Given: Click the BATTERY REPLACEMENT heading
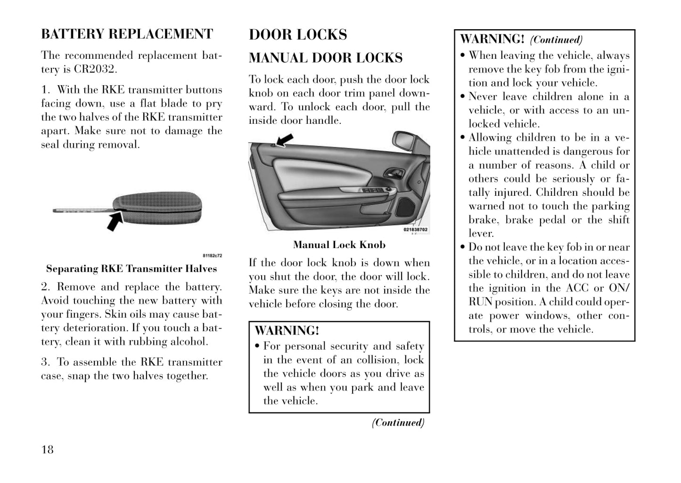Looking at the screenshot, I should pos(127,34).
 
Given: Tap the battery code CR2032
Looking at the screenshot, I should pos(94,69).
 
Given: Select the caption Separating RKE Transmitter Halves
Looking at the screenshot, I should pos(131,269).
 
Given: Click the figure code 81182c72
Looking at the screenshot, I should pos(212,256).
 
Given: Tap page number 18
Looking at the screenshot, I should pos(48,450).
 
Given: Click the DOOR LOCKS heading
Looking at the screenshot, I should pos(298,34).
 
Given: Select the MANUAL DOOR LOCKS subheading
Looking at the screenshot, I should pos(326,58).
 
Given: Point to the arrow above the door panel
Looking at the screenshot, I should pos(285,139).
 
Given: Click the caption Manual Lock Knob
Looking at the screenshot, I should pos(339,245).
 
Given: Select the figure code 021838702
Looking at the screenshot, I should pos(416,230).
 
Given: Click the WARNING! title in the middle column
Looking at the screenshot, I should pos(287,330).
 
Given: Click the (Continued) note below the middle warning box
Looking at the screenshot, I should pos(398,422).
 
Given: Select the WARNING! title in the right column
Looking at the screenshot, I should pos(492,39).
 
